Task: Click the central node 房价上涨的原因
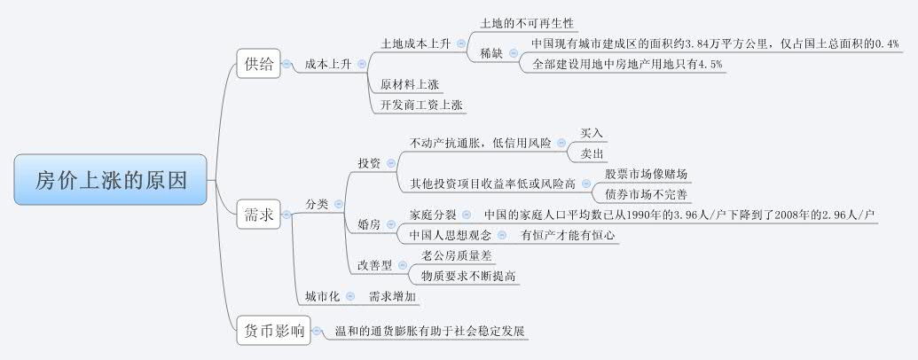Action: (111, 180)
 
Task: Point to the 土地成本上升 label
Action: (415, 43)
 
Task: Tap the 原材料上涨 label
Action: (409, 84)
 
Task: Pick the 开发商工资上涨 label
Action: (421, 105)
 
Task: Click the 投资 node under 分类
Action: (369, 163)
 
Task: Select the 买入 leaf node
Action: (592, 133)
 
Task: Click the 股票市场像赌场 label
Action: (647, 173)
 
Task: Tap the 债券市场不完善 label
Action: (647, 192)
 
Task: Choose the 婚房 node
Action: (369, 224)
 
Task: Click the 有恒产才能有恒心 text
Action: (569, 235)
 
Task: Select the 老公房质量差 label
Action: (462, 255)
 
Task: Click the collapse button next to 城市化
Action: (349, 296)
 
